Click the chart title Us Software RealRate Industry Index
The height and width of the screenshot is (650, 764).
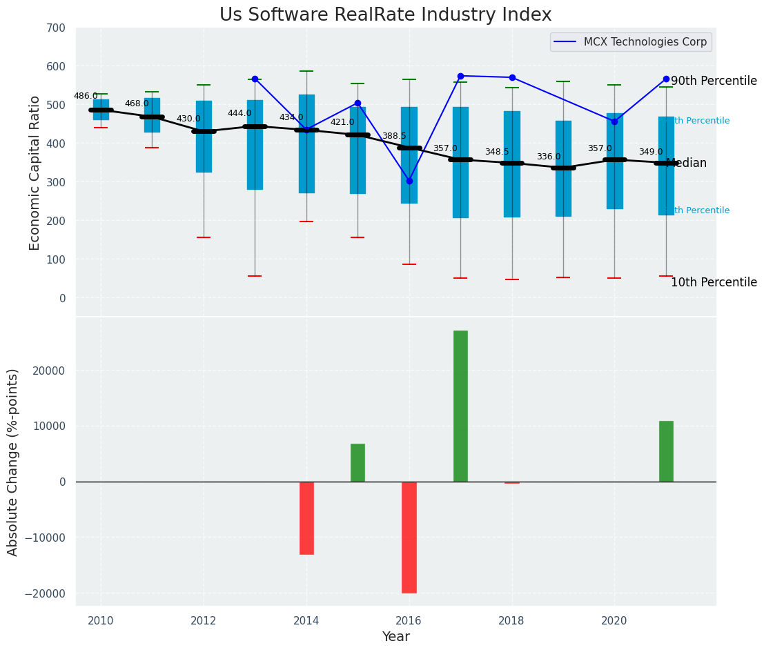click(x=385, y=15)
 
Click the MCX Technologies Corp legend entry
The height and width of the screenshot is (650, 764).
click(x=645, y=42)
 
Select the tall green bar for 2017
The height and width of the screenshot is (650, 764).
click(x=460, y=406)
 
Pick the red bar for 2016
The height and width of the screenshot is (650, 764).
click(x=409, y=537)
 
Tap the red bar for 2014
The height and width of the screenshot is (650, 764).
click(x=306, y=518)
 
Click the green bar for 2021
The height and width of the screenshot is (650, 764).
click(x=666, y=451)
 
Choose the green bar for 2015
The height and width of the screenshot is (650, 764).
click(x=357, y=462)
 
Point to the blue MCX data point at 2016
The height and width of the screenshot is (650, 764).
click(x=409, y=181)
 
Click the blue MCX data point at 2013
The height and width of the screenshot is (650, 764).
click(x=255, y=79)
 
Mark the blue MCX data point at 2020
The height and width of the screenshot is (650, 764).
click(x=614, y=121)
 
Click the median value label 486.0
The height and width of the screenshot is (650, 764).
click(x=86, y=97)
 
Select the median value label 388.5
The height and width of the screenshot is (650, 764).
click(x=394, y=137)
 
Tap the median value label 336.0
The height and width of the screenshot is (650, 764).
click(x=549, y=157)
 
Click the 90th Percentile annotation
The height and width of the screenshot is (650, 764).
click(x=714, y=81)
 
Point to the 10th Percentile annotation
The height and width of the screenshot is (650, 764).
click(x=714, y=283)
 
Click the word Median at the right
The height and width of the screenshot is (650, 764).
click(x=686, y=164)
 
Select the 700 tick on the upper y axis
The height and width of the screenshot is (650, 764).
click(x=57, y=28)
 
